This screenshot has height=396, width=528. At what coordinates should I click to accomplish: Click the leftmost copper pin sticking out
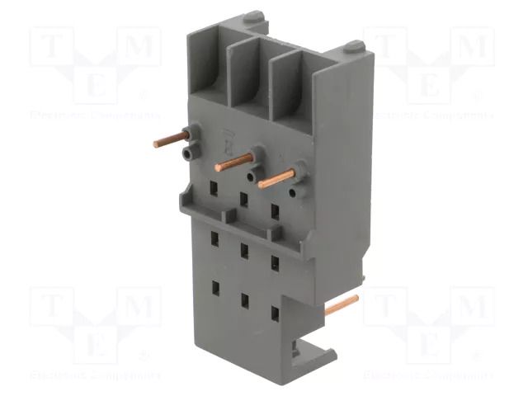coord(170,141)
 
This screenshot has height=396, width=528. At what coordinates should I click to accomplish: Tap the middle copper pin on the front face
coord(233,162)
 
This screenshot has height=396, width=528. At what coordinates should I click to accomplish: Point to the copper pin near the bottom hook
coord(342,307)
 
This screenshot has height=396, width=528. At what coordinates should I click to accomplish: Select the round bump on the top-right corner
coord(352,46)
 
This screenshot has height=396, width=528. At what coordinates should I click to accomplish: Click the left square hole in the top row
coord(214,191)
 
